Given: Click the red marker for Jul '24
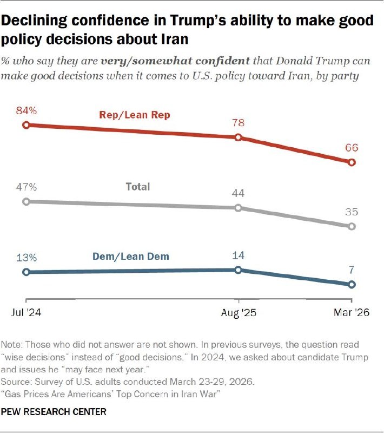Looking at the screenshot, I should (x=25, y=125).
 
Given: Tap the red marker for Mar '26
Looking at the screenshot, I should (x=352, y=162).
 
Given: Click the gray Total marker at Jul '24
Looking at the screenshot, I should (x=25, y=201).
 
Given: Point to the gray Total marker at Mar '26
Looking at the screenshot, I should (x=352, y=226).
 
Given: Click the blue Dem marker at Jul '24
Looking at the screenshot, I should (x=25, y=272).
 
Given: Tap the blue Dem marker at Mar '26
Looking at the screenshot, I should (x=352, y=284).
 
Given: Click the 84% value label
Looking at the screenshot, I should (x=26, y=111).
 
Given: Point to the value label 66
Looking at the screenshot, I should (x=352, y=148).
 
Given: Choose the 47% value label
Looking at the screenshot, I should (x=26, y=187).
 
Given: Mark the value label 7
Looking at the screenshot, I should (x=352, y=270).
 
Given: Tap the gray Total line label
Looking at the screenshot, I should (x=137, y=187).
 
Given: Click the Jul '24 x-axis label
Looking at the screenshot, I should (x=25, y=313).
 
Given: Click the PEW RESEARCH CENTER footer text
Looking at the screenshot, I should (x=54, y=412).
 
